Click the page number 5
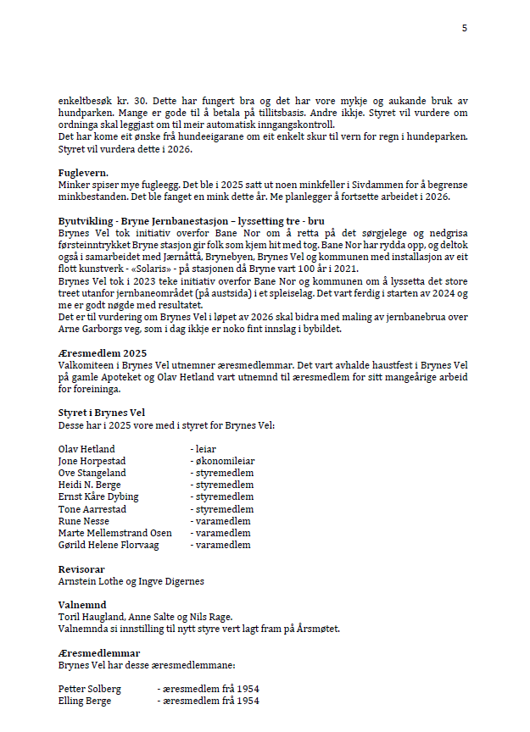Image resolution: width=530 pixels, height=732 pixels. (x=464, y=28)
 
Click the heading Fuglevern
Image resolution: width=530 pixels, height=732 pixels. (x=82, y=173)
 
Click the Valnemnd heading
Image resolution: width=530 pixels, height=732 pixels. (x=82, y=606)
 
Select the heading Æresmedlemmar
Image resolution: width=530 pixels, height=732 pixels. (x=99, y=653)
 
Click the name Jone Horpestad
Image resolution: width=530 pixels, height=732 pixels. (x=91, y=461)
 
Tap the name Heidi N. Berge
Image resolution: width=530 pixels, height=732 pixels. (x=90, y=485)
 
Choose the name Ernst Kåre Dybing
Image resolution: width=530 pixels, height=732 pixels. (x=98, y=496)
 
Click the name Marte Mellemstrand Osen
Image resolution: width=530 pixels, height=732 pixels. (x=114, y=533)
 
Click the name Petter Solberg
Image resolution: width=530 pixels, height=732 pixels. (x=89, y=689)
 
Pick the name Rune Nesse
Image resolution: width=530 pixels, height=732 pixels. (x=83, y=521)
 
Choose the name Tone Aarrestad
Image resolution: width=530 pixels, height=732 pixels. (x=92, y=509)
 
